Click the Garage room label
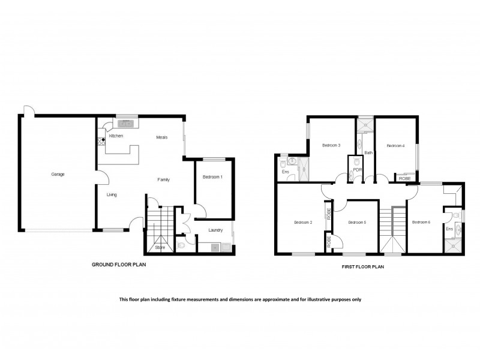coord(58,175)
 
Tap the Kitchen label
coord(116,137)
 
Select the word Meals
coord(161,137)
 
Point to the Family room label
coord(163,179)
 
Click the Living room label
coord(112,195)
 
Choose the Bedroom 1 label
coord(212,177)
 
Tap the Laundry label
coord(215,230)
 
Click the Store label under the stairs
coord(160,247)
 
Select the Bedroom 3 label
coord(331,145)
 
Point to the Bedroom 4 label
coord(395,145)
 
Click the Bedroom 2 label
coord(303,223)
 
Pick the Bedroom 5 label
coord(357,223)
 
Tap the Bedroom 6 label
coord(421,223)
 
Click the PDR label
coord(357,170)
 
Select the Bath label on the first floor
coord(368,153)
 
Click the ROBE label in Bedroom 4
coord(405,179)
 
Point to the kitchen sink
coord(127,124)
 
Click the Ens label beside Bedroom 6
coord(449,229)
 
